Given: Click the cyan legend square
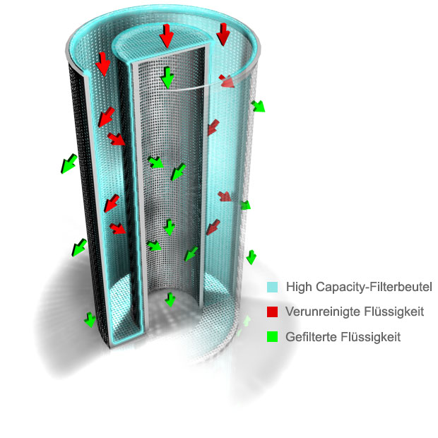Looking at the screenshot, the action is pos(272,287).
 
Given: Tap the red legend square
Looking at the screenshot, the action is pos(272,312).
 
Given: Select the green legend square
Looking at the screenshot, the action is pos(272,336).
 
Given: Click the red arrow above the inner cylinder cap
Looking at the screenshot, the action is pos(167,35).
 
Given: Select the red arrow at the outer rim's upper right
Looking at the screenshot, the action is pos(223,34).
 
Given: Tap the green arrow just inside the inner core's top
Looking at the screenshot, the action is pos(167,78).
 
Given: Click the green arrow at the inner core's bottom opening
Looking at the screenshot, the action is pos(170,300).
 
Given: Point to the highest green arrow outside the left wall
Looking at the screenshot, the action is pos(69,164).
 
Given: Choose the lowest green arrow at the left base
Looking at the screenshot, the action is pos(90,320).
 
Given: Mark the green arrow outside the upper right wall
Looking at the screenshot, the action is pos(258,106).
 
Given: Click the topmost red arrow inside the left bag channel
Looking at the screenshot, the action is pos(102,64).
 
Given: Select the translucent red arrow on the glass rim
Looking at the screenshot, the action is pos(227,81).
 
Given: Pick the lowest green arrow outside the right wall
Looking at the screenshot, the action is pos(251,257).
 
